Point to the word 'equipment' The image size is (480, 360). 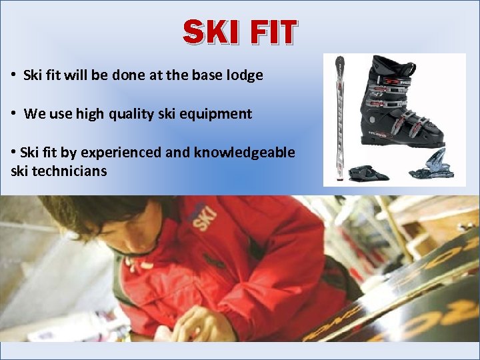pyautogui.click(x=219, y=114)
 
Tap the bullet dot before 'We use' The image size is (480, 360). pyautogui.click(x=14, y=113)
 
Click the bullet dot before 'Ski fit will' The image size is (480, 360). pyautogui.click(x=14, y=75)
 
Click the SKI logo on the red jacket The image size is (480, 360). pyautogui.click(x=203, y=216)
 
